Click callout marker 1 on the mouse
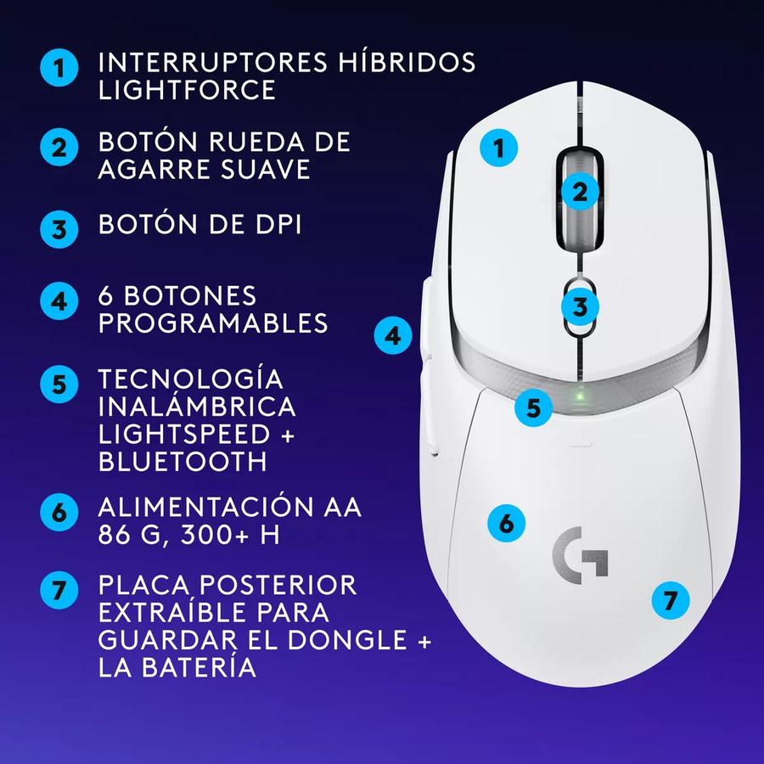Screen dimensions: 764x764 [x=499, y=149]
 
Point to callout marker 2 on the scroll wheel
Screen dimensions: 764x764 [x=580, y=191]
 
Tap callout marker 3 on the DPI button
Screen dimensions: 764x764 [x=580, y=306]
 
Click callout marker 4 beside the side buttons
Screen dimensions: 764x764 [x=392, y=335]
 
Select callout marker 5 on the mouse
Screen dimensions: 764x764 [x=533, y=407]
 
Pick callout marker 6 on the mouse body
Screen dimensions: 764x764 [x=507, y=522]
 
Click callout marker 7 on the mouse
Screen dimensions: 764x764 [x=671, y=601]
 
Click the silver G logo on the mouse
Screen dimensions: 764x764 [x=580, y=552]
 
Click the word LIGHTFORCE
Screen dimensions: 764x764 [x=188, y=90]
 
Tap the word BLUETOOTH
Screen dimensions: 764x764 [x=183, y=461]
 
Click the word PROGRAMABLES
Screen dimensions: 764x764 [x=213, y=323]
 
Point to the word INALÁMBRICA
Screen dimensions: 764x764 [x=197, y=406]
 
